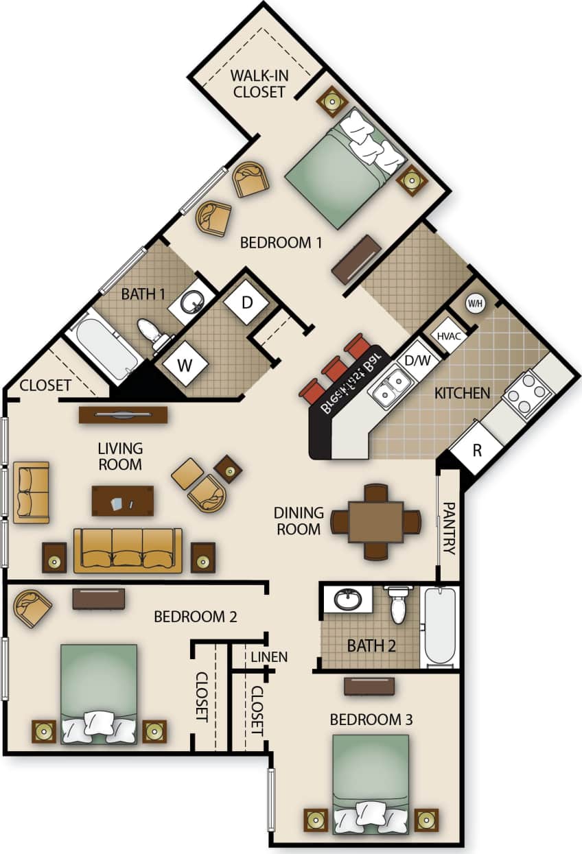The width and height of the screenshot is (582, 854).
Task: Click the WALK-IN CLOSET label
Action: (x=258, y=83)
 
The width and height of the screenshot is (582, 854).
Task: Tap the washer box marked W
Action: (x=183, y=365)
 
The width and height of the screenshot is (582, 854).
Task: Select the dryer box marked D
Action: (x=248, y=303)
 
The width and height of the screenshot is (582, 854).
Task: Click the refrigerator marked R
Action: (x=477, y=450)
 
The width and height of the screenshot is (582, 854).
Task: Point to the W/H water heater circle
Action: (x=475, y=303)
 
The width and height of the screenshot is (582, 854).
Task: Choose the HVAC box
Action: (x=448, y=336)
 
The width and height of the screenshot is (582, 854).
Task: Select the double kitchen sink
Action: (x=389, y=387)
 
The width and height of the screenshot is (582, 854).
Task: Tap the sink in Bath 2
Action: (x=349, y=600)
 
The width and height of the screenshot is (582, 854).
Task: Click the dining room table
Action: (x=375, y=522)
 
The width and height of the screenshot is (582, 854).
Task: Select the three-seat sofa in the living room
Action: (x=128, y=549)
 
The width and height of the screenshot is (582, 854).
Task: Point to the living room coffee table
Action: (x=123, y=500)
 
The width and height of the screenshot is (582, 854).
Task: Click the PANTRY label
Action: (x=449, y=527)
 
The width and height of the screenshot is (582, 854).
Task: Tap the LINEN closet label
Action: (x=268, y=656)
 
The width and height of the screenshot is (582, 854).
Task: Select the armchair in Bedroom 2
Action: (x=32, y=607)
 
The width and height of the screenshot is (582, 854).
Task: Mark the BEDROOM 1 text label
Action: (x=281, y=242)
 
